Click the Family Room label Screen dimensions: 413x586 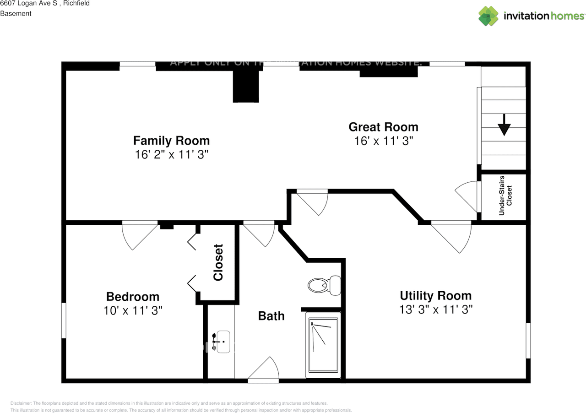tap(171, 140)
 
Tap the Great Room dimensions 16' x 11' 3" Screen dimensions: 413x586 tap(384, 141)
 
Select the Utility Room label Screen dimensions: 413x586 tap(435, 295)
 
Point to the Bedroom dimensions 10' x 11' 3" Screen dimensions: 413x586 tap(133, 311)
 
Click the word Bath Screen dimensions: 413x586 tap(271, 316)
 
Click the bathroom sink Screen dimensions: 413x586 tap(223, 342)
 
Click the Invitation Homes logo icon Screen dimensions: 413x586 tap(488, 16)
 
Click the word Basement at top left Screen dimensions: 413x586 tap(16, 14)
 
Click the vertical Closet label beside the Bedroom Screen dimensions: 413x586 tap(218, 262)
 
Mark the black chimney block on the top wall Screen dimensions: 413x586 tap(246, 87)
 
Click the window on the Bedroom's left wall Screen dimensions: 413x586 tap(64, 321)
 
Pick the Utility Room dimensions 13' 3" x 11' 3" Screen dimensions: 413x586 tap(435, 310)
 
